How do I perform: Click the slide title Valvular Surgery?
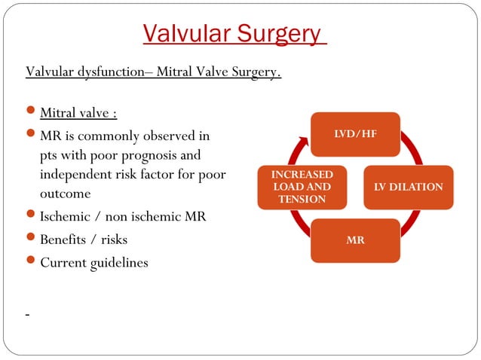(234, 34)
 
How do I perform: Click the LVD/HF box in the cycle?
(356, 133)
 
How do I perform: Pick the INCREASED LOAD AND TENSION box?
(302, 186)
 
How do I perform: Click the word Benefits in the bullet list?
(65, 240)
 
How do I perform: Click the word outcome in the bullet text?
(65, 194)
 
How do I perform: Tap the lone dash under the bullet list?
(27, 315)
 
